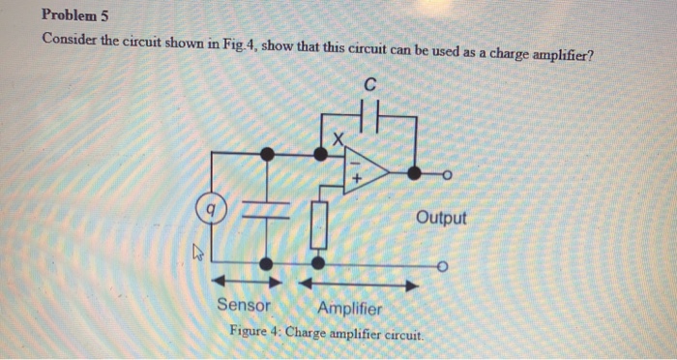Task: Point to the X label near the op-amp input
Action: click(x=337, y=141)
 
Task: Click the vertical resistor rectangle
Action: click(x=317, y=225)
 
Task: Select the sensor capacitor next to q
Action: click(x=267, y=210)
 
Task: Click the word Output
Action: click(x=441, y=218)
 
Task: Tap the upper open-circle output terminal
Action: click(x=447, y=174)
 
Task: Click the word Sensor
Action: click(x=244, y=307)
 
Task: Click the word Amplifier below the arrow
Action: click(x=349, y=308)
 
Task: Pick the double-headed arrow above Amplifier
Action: click(x=358, y=285)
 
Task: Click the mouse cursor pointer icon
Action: click(x=197, y=255)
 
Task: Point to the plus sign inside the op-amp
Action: click(x=357, y=179)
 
